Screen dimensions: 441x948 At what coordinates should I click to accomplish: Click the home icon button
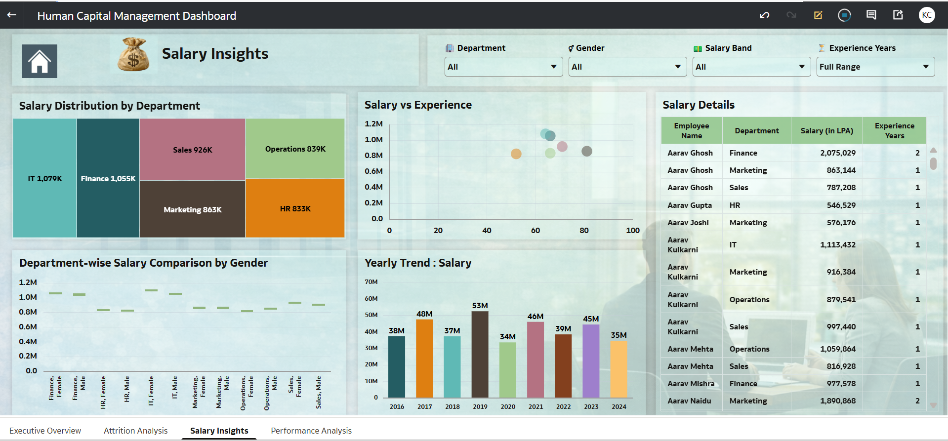click(40, 61)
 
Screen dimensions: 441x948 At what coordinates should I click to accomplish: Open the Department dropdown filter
click(503, 67)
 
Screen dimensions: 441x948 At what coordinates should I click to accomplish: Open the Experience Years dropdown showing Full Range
click(875, 67)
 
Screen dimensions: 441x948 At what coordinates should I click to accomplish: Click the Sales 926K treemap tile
click(192, 150)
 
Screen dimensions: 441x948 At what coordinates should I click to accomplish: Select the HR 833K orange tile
click(295, 208)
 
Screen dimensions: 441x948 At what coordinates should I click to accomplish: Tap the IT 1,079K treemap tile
click(45, 178)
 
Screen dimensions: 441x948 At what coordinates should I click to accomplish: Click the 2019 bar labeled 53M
click(480, 354)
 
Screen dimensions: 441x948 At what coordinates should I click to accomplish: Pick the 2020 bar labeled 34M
click(507, 370)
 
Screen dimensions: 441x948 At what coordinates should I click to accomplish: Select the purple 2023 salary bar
click(591, 361)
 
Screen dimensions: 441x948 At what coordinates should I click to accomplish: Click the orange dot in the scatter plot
click(516, 154)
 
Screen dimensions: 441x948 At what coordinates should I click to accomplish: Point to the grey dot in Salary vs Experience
click(587, 151)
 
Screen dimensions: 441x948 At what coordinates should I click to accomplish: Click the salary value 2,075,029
click(838, 153)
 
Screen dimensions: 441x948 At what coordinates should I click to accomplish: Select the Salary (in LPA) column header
click(826, 131)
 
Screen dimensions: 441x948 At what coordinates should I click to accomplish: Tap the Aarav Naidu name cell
click(689, 401)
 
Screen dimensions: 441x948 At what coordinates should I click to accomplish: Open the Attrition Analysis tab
click(135, 431)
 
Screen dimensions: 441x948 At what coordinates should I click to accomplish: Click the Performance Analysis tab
click(311, 431)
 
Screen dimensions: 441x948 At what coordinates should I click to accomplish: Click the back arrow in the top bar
click(12, 15)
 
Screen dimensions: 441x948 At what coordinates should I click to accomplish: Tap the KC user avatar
click(926, 15)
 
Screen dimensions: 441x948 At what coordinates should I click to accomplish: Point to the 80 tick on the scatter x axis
click(584, 231)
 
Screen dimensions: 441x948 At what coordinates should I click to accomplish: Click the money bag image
click(133, 54)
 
